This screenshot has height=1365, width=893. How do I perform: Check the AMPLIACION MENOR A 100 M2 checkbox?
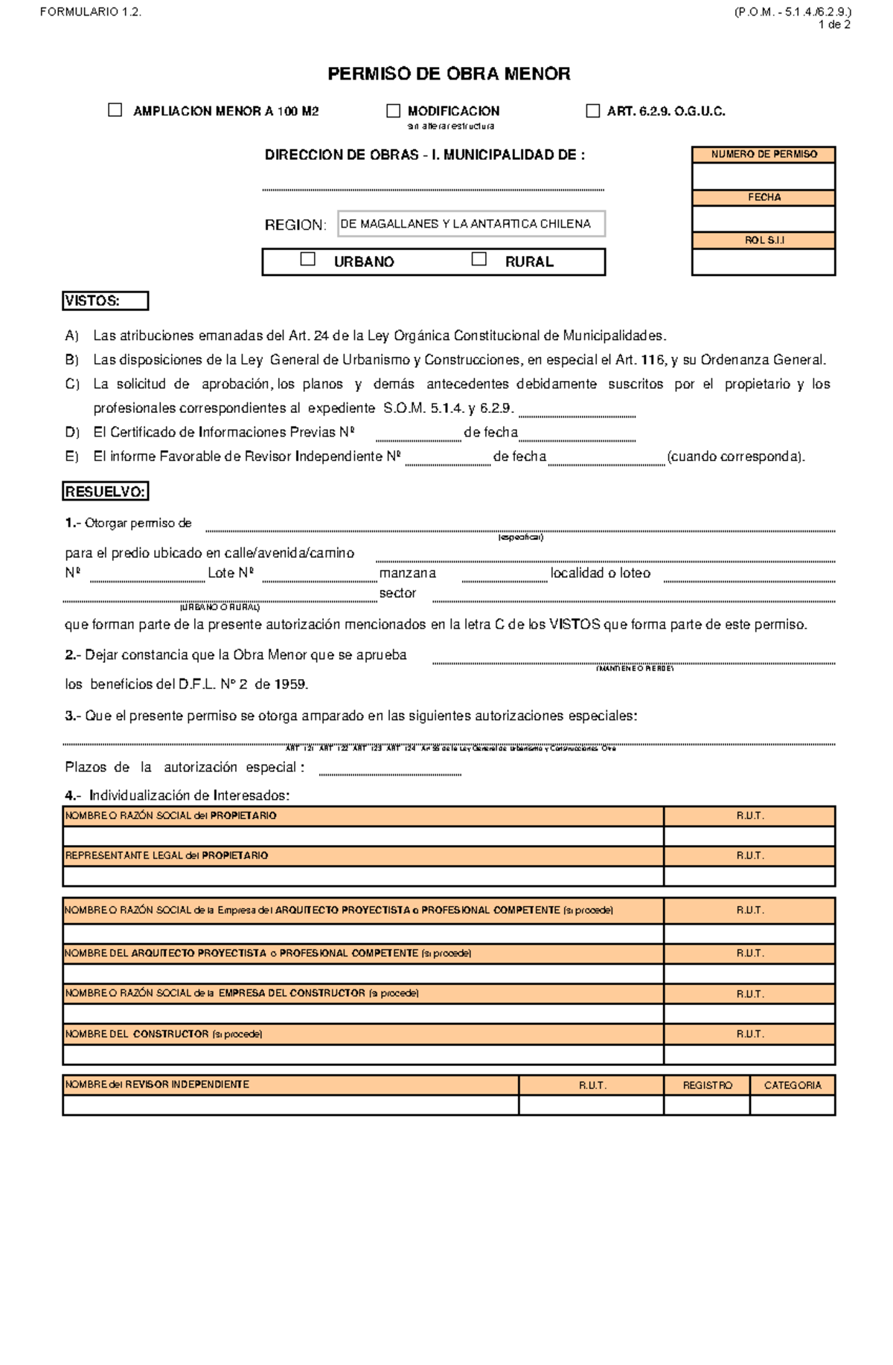click(115, 110)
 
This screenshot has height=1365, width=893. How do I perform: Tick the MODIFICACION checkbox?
click(393, 111)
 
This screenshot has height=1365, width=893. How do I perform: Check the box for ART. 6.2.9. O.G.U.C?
click(592, 111)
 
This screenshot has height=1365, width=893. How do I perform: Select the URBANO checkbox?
click(307, 259)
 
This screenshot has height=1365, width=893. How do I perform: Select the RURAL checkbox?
click(479, 259)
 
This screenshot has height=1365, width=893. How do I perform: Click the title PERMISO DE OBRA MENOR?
click(449, 74)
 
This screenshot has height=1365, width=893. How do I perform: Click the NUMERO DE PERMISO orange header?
click(764, 154)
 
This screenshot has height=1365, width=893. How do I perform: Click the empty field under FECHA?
click(764, 219)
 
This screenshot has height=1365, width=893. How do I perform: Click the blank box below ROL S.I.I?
click(764, 262)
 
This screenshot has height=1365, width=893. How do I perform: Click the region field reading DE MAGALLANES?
click(470, 224)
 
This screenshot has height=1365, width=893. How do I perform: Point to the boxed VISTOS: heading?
click(105, 301)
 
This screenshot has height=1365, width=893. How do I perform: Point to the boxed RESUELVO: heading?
click(105, 492)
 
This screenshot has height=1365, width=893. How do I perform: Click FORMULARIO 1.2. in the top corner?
click(90, 12)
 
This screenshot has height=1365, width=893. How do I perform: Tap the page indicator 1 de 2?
click(833, 25)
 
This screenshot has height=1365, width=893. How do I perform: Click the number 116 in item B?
click(652, 360)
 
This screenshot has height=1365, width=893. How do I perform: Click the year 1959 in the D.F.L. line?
click(290, 684)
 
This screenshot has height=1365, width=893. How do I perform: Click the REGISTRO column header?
click(707, 1085)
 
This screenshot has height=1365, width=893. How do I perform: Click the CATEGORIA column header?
click(793, 1085)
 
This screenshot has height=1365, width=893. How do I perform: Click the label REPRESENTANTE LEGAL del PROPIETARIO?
click(167, 855)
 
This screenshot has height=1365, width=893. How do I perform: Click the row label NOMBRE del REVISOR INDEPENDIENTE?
click(157, 1085)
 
